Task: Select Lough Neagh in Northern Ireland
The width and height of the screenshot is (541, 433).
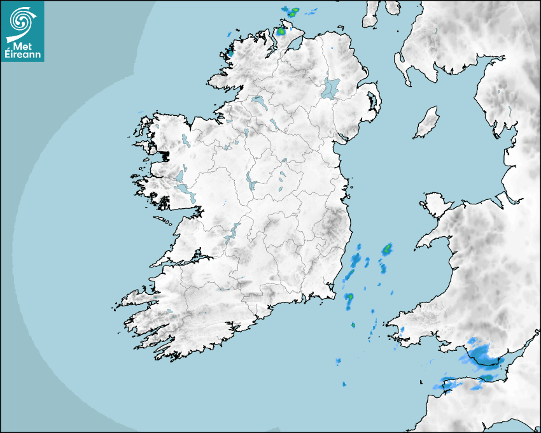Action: point(331,88)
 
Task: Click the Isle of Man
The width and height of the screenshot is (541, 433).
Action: point(426,122)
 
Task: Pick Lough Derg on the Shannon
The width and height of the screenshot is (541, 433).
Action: point(231,232)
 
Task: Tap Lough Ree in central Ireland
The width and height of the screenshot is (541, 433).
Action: point(252,183)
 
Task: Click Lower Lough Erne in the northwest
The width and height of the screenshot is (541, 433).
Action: point(258,101)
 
